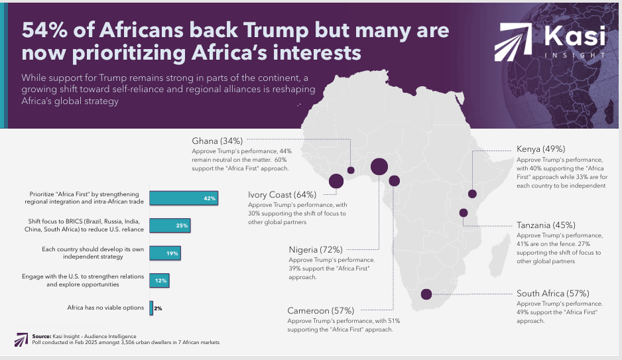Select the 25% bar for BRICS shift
click(x=170, y=225)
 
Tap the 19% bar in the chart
click(x=164, y=253)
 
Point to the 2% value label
click(x=158, y=308)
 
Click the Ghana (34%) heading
click(x=217, y=141)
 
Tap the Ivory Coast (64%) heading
click(x=282, y=195)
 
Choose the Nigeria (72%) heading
click(x=315, y=250)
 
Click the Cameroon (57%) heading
click(x=320, y=310)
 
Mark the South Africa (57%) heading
click(x=552, y=293)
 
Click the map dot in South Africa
click(x=426, y=294)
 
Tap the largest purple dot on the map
click(x=379, y=166)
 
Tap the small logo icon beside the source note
click(x=20, y=339)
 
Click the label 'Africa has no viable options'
click(x=106, y=308)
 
